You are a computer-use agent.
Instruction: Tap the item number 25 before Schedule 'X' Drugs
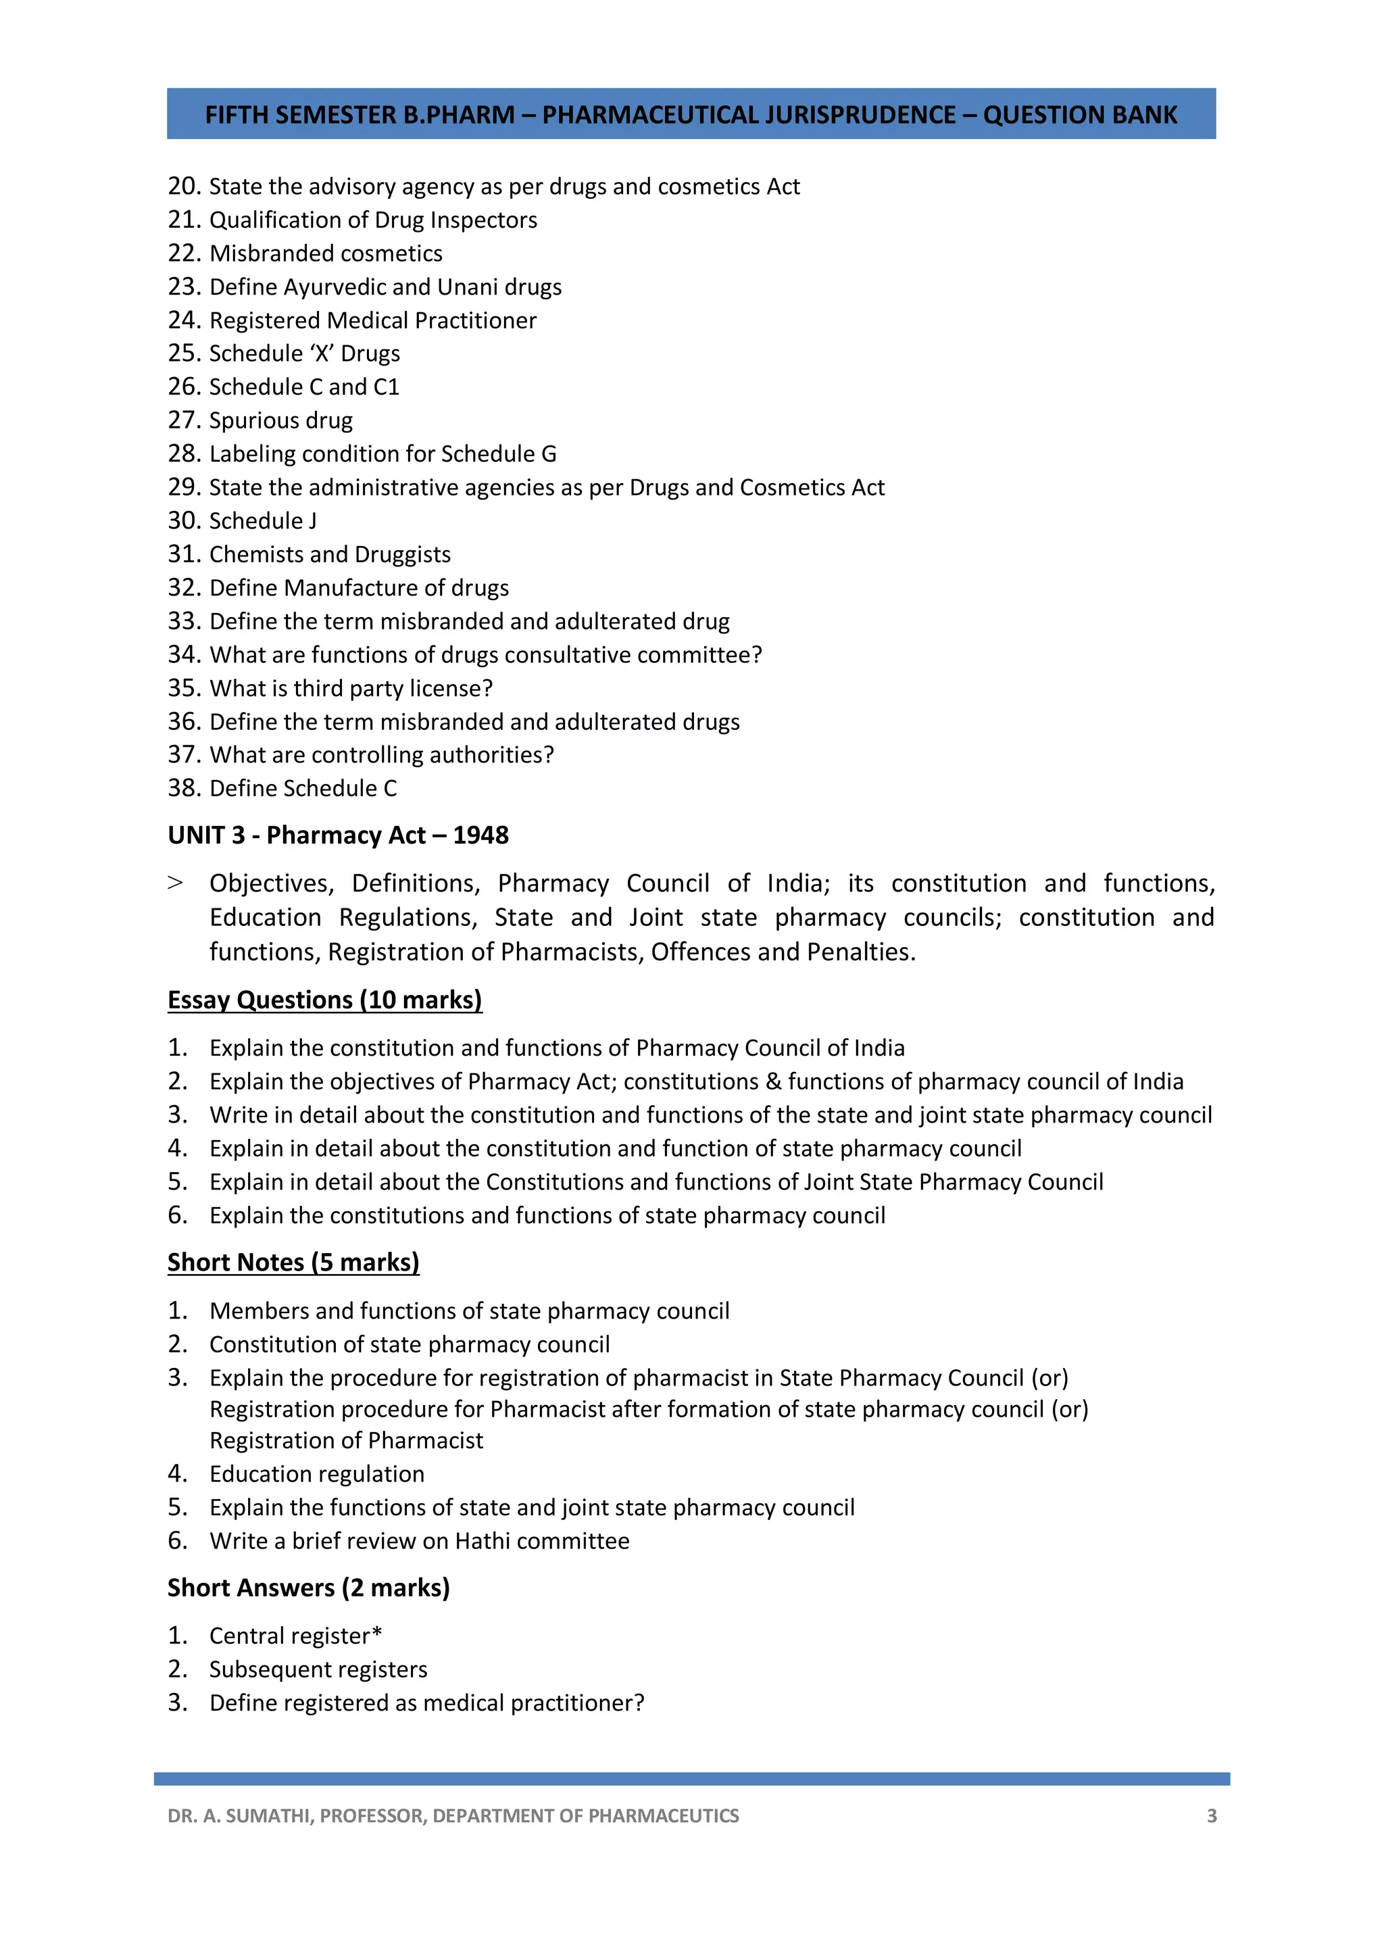coord(183,353)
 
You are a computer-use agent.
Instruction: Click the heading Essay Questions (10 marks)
coord(324,1000)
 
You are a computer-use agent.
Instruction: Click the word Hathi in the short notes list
coord(483,1541)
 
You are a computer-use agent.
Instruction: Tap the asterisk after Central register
coord(377,1633)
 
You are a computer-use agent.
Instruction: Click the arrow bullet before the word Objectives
coord(175,883)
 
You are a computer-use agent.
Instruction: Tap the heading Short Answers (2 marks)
coord(308,1588)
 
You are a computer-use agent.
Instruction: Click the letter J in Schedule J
coord(312,521)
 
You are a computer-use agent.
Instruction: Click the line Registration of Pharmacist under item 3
coord(346,1440)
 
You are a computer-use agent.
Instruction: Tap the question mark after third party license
coord(487,688)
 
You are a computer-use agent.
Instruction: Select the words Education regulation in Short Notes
coord(316,1473)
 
